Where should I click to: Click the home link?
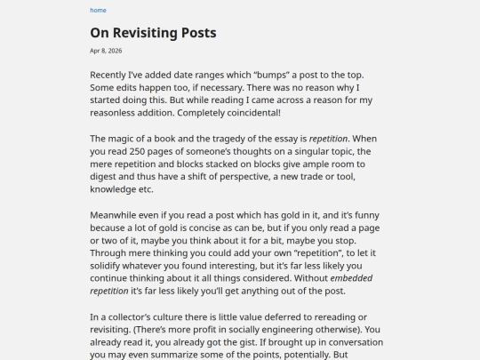[98, 11]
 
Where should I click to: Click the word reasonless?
[118, 113]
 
